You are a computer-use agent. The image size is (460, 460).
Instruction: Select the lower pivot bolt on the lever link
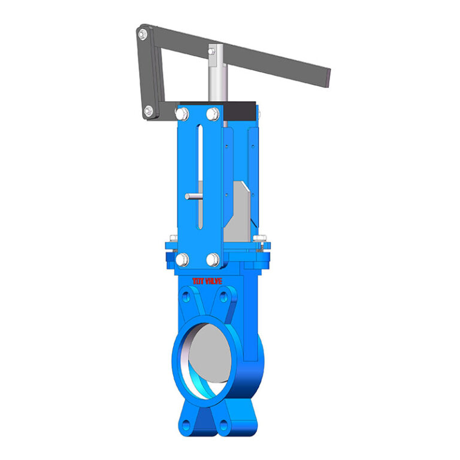[148, 110]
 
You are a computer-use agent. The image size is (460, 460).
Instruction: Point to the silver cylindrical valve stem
[216, 78]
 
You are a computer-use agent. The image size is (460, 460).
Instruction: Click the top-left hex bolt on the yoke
[182, 113]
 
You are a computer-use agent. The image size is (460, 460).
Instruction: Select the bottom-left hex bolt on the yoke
[182, 259]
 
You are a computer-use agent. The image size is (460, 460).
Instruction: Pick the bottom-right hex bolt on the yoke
[213, 259]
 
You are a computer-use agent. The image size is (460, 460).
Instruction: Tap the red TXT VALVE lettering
[207, 280]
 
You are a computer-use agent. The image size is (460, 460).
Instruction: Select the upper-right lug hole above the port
[226, 297]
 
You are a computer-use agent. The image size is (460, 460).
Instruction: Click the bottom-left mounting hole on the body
[186, 425]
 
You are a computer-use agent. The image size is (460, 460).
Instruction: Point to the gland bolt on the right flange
[259, 240]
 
